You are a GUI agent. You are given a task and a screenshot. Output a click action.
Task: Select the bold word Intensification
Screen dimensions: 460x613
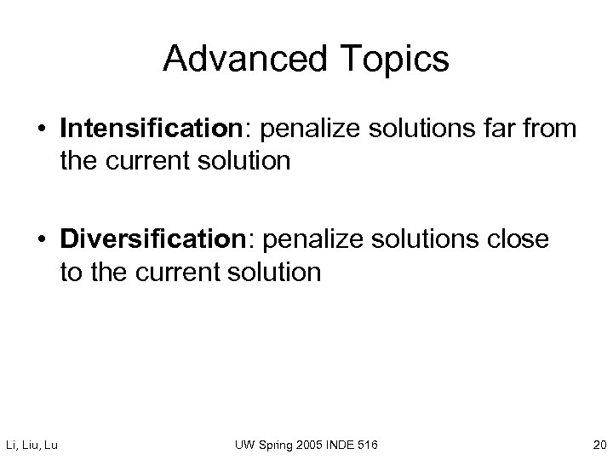(x=150, y=129)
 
